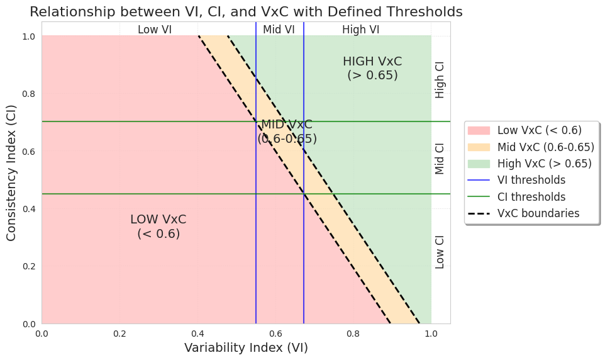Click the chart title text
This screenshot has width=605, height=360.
click(246, 11)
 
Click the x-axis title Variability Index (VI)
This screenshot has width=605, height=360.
click(246, 347)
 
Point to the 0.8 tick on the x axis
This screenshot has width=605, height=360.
click(353, 333)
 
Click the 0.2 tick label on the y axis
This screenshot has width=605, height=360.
click(29, 266)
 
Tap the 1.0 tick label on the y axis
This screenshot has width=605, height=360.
click(29, 36)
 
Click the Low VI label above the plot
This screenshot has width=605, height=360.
click(154, 29)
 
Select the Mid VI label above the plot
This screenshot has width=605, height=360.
click(279, 29)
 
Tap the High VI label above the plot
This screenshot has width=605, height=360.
click(360, 29)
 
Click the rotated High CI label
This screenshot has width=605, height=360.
click(440, 79)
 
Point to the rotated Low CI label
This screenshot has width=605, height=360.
click(440, 252)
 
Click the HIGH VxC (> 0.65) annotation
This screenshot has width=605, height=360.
click(372, 68)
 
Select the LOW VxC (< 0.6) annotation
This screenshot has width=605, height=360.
click(158, 227)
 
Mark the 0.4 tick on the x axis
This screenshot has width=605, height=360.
click(197, 333)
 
